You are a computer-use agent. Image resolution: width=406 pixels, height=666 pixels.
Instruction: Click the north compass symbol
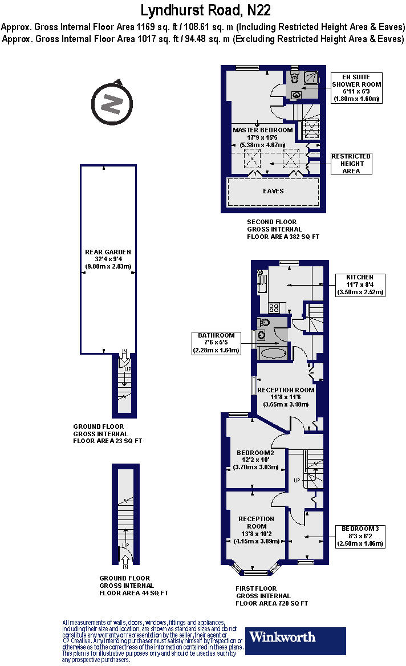click(x=112, y=103)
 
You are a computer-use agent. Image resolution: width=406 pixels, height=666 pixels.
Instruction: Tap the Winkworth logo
click(x=295, y=640)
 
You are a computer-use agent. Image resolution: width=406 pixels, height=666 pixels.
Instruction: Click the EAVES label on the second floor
click(x=273, y=191)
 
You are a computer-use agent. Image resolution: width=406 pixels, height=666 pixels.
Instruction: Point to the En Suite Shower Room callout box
click(x=356, y=88)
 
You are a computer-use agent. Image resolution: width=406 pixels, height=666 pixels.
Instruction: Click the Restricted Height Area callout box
click(x=351, y=164)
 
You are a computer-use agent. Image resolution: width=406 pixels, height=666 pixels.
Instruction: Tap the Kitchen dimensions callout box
click(x=360, y=285)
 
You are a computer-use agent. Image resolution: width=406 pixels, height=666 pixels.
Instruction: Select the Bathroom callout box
click(x=216, y=343)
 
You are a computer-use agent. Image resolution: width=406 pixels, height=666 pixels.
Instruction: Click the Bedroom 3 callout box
click(x=360, y=536)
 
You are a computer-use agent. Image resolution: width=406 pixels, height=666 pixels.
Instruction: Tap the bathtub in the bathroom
click(x=274, y=353)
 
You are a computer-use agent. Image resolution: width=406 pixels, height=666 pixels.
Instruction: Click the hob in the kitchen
click(x=274, y=307)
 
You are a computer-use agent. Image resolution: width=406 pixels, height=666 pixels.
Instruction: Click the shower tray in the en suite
click(x=311, y=78)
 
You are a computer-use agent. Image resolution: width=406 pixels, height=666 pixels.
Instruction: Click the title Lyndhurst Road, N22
click(x=205, y=10)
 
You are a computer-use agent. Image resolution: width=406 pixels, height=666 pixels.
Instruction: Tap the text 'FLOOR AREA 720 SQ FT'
click(x=272, y=603)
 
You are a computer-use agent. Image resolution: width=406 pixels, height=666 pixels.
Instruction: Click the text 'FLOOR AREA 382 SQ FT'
click(x=283, y=237)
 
